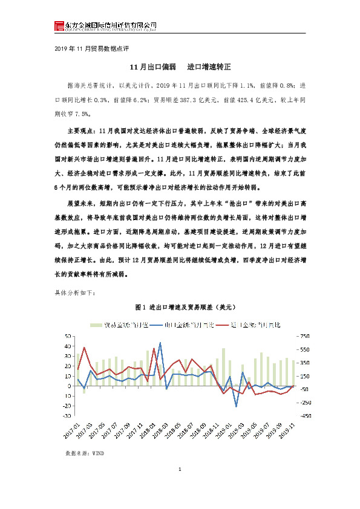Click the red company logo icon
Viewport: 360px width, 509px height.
click(58, 25)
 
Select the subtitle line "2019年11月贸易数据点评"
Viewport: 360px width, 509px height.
click(91, 48)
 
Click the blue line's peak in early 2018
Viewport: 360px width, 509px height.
click(160, 343)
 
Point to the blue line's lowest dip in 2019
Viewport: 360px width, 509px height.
click(236, 406)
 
